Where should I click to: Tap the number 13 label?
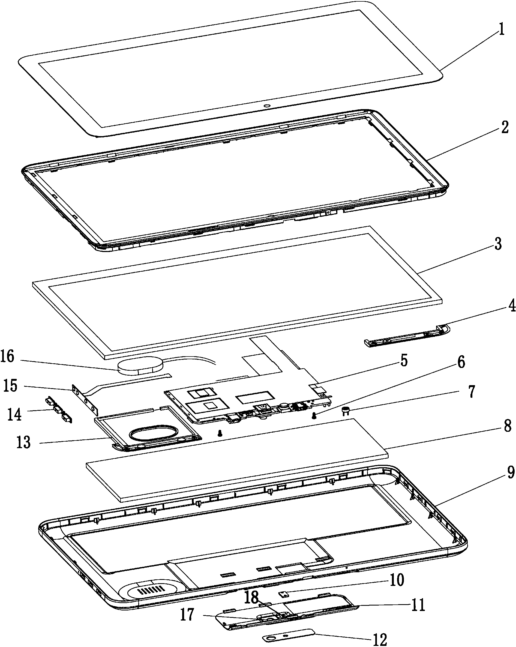(23, 442)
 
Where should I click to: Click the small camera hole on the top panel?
(266, 106)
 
